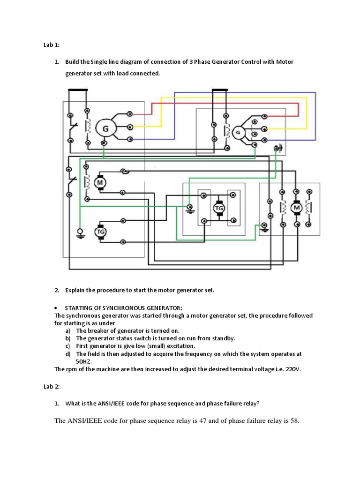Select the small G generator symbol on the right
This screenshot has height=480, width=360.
point(238,132)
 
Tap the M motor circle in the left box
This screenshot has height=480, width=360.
point(100,182)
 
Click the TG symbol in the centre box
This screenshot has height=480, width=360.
point(219,208)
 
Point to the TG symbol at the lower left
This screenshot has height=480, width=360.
point(100,231)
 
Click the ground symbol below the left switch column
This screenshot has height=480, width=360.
point(80,233)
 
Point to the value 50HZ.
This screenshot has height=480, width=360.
point(84,361)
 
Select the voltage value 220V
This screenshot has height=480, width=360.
point(291,369)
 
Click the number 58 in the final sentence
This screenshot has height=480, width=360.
point(294,420)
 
